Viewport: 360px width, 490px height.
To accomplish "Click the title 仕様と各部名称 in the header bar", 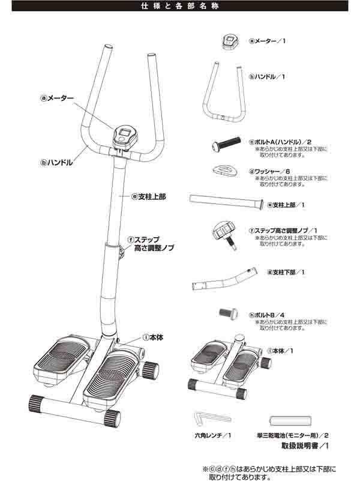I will tap(179, 7).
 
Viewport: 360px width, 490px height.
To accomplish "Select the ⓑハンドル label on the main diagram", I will tap(56, 162).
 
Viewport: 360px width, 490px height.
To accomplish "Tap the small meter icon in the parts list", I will tap(230, 41).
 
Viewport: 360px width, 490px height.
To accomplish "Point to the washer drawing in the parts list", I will tap(225, 171).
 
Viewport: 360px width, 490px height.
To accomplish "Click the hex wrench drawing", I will tap(213, 417).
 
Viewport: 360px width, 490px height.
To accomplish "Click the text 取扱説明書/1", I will tap(305, 446).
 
